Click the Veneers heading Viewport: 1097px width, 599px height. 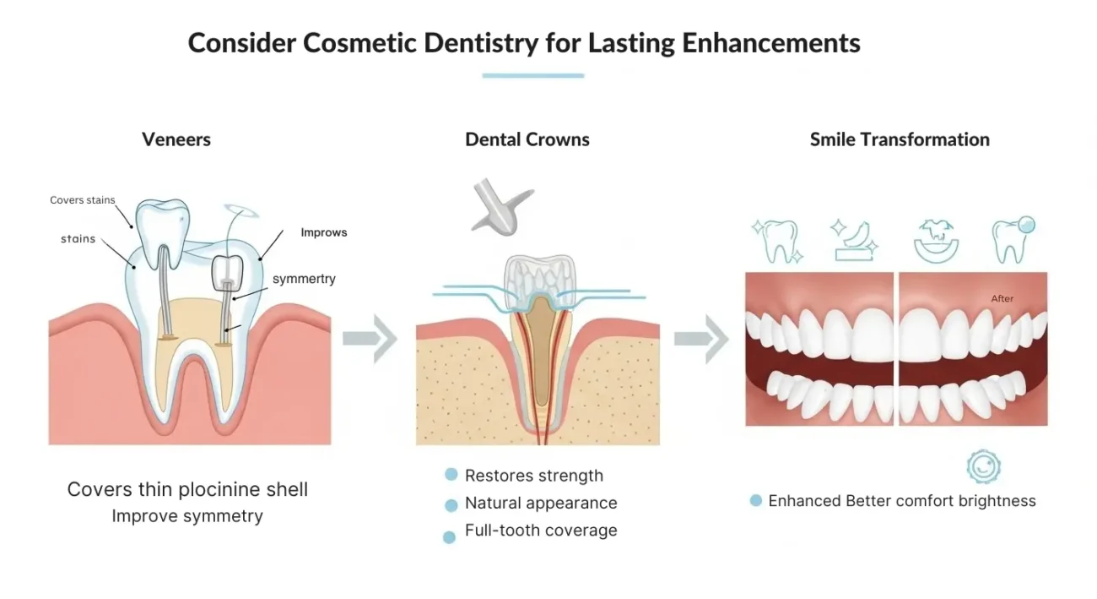tap(176, 139)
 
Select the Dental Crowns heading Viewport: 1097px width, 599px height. tap(527, 139)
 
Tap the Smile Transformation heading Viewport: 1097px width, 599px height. tap(900, 139)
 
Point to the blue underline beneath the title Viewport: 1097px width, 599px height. tap(532, 76)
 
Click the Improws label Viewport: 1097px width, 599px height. tap(324, 232)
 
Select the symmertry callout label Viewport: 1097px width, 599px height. tap(304, 279)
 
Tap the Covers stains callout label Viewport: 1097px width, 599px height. tap(82, 200)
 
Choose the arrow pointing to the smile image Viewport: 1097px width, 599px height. tap(701, 339)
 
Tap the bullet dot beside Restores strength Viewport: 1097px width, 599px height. tap(451, 476)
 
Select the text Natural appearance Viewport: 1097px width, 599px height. tap(541, 504)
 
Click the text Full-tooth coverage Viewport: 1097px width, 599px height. tap(541, 531)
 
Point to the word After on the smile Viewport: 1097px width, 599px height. tap(1002, 298)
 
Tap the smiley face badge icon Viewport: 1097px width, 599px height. tap(983, 466)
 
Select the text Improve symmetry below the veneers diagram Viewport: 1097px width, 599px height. tap(187, 516)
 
